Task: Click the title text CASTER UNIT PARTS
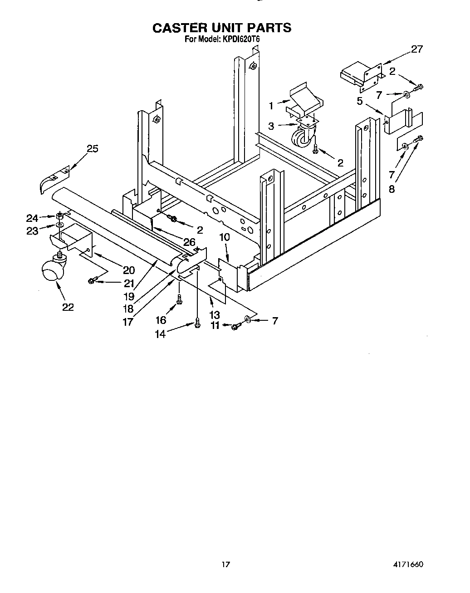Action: [x=221, y=28]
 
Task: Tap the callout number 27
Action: [x=416, y=49]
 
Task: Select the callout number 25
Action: [x=93, y=149]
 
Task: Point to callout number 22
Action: [x=68, y=307]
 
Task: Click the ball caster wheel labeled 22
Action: [x=51, y=272]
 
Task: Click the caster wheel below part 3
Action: [x=302, y=138]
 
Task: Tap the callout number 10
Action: [x=224, y=237]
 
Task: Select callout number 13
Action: [x=215, y=315]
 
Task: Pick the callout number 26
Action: [x=189, y=242]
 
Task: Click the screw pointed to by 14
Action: [x=197, y=323]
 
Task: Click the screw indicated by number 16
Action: [x=180, y=299]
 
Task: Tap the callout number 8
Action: [x=392, y=190]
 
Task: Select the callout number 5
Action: [x=360, y=101]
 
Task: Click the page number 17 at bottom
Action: [x=225, y=564]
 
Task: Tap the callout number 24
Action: [x=32, y=218]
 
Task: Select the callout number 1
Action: [x=271, y=106]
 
